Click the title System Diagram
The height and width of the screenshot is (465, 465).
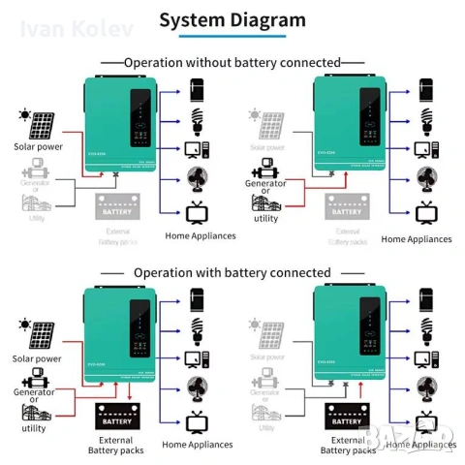coord(232,19)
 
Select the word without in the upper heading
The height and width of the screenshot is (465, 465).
coord(217,62)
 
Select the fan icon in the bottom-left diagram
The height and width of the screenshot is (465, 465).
coord(198,387)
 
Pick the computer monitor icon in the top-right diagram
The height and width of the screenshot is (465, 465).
coord(423,150)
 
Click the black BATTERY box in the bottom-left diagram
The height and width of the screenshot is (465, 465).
coord(118,418)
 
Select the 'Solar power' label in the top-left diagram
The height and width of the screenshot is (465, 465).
coord(38,147)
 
